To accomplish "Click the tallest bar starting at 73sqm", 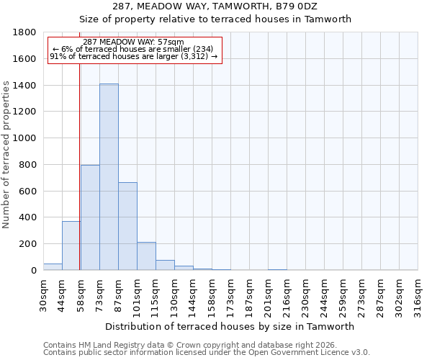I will [x=109, y=177].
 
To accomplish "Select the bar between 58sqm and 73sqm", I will [x=90, y=217].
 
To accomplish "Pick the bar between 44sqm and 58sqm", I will [x=71, y=246].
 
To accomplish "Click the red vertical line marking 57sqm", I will [x=79, y=158].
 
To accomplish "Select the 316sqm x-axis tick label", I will [x=418, y=294].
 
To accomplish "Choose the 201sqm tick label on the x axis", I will [x=268, y=294].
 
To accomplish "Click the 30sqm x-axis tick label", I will [x=43, y=294].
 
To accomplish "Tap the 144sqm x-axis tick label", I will [x=193, y=294].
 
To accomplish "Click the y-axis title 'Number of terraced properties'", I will [x=6, y=155].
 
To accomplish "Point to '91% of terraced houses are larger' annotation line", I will [x=133, y=56].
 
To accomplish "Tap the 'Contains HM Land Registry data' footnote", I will [x=189, y=345].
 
